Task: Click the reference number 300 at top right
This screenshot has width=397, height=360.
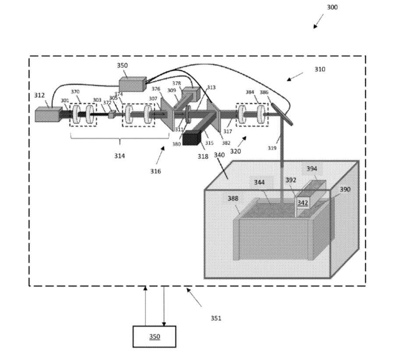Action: pos(332,7)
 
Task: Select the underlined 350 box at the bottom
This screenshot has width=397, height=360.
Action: pos(154,336)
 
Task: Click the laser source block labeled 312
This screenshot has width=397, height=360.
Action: pos(48,115)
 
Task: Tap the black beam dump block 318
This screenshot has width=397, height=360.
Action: pos(191,139)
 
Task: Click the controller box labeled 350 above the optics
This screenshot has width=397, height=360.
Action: pos(133,83)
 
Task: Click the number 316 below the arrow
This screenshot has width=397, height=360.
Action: pos(155,171)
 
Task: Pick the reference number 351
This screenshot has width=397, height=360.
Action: pos(216,318)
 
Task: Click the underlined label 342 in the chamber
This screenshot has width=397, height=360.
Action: pos(303,203)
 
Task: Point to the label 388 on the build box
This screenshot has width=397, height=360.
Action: pos(233,199)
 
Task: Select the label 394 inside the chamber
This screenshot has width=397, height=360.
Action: pos(312,169)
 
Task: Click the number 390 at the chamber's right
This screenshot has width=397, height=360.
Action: pos(345,189)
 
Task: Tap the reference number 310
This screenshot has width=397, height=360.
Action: pos(320,69)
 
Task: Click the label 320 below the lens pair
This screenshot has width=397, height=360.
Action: pos(235,151)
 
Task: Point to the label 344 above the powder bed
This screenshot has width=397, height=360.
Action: pos(259,182)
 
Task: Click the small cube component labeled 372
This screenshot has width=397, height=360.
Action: pos(111,114)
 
